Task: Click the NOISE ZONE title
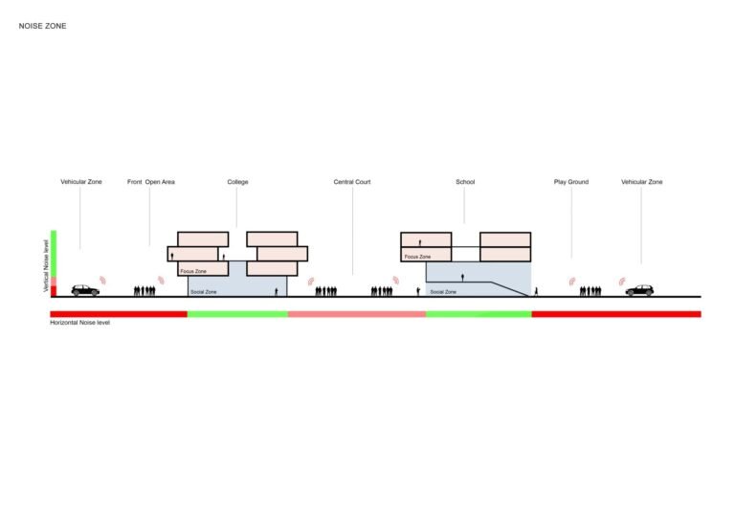(42, 26)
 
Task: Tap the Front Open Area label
(151, 182)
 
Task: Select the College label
(237, 182)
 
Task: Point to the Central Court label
(352, 182)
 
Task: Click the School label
(465, 182)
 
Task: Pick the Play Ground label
(571, 182)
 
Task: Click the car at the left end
(85, 290)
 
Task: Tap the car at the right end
(639, 290)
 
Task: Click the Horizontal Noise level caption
(79, 323)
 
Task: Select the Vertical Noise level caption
(46, 266)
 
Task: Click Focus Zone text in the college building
(193, 271)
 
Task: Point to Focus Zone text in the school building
(417, 257)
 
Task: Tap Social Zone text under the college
(204, 292)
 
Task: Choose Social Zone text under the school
(443, 292)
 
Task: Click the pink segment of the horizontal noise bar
(357, 314)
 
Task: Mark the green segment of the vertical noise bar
(54, 254)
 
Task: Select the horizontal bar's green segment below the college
(237, 314)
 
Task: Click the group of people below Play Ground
(590, 291)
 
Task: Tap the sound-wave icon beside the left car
(102, 281)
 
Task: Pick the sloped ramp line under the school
(510, 289)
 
